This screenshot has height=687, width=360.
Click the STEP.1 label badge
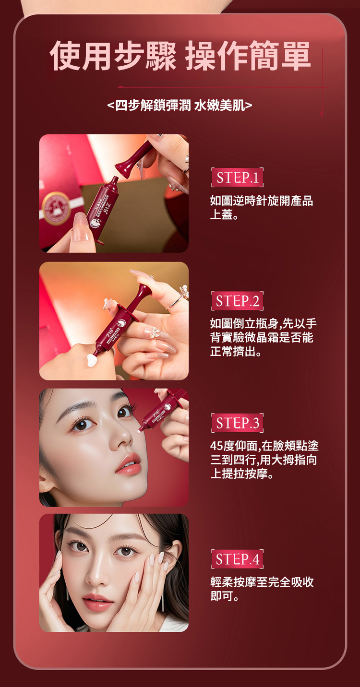pyautogui.click(x=237, y=178)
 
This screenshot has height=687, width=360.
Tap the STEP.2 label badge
pyautogui.click(x=237, y=300)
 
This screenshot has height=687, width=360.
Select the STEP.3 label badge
pyautogui.click(x=237, y=423)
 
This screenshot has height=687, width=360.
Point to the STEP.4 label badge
pyautogui.click(x=237, y=559)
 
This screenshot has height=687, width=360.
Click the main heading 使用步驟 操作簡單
pyautogui.click(x=180, y=56)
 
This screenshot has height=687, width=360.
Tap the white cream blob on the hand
pyautogui.click(x=92, y=360)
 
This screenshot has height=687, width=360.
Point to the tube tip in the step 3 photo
pyautogui.click(x=139, y=430)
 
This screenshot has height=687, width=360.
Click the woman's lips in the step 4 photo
pyautogui.click(x=97, y=603)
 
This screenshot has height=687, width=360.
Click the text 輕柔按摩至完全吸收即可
pyautogui.click(x=262, y=589)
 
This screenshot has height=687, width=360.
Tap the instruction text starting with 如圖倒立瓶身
pyautogui.click(x=263, y=337)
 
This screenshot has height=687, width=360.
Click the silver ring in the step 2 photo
pyautogui.click(x=176, y=302)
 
